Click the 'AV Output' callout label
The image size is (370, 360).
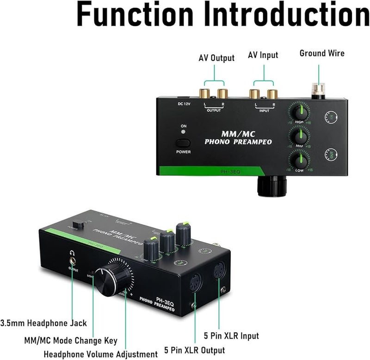216,58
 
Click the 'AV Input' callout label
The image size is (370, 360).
263,55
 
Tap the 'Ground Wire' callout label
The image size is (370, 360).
322,53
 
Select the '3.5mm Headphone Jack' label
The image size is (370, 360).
43,323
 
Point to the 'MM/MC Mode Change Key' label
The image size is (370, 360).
71,341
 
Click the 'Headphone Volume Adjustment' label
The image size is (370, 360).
101,354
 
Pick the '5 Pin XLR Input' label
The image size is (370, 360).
231,335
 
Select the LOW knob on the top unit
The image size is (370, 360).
299,161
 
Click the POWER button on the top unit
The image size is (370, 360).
183,143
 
